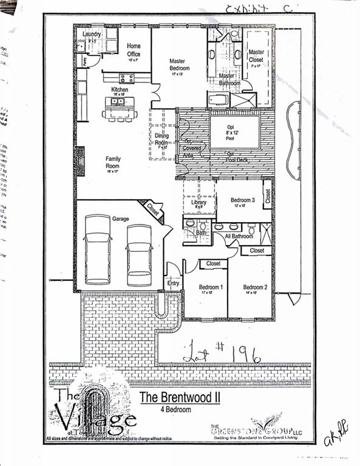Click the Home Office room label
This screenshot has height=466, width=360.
pos(134,50)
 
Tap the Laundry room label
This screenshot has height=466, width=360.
pos(92,35)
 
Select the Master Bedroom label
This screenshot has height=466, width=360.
pos(179,65)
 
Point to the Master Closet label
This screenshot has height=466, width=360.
pos(256,56)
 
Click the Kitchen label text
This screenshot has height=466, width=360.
pos(119,90)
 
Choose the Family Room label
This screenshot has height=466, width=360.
pos(113,163)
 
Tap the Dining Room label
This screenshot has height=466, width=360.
pos(161,140)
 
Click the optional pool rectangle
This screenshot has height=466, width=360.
pos(236,132)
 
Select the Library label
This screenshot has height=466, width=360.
pos(199,203)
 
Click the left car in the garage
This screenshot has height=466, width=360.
pos(97,249)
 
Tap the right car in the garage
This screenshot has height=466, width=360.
pos(139,255)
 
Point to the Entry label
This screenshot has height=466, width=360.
pos(173,283)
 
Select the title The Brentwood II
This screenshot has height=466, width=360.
pos(175,398)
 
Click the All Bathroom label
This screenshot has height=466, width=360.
pos(239,235)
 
